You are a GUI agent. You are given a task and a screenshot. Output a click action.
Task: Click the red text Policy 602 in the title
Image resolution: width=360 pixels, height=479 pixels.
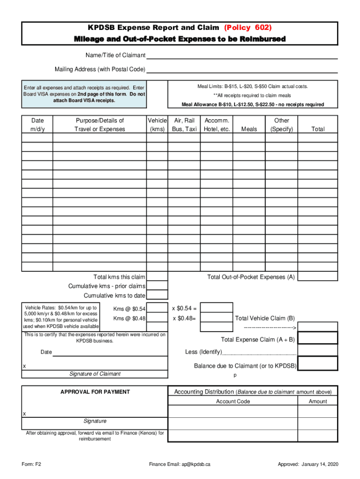click(248, 28)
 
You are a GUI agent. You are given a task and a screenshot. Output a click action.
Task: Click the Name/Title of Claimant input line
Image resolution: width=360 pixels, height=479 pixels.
click(242, 55)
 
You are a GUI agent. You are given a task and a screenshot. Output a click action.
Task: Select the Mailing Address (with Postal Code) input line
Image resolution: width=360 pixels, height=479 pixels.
click(242, 69)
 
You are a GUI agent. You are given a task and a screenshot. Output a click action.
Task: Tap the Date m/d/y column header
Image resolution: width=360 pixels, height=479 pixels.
click(37, 125)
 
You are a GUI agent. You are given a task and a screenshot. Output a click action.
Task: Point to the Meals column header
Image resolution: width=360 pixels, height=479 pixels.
click(249, 129)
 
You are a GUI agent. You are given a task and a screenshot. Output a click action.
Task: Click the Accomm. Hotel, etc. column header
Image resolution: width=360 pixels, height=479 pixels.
click(217, 125)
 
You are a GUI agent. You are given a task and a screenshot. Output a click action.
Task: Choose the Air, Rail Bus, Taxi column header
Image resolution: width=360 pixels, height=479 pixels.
click(184, 125)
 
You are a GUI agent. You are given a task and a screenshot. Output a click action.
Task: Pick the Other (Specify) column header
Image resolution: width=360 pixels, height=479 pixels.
click(281, 125)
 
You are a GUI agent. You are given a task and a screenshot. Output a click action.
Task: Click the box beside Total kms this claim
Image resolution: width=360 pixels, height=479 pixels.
click(158, 277)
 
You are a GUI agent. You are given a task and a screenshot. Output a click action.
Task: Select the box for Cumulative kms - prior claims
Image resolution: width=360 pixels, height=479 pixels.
click(158, 286)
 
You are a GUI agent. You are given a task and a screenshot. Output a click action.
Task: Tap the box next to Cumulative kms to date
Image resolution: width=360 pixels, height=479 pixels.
click(158, 295)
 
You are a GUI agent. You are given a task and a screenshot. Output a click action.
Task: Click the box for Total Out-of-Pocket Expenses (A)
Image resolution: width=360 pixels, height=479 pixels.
click(317, 276)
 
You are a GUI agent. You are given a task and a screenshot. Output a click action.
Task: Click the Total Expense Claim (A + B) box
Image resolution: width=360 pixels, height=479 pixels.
click(317, 338)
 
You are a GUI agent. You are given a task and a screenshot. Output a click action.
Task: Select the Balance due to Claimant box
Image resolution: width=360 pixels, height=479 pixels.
click(317, 364)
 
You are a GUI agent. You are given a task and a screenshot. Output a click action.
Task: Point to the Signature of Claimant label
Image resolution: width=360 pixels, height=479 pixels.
click(95, 374)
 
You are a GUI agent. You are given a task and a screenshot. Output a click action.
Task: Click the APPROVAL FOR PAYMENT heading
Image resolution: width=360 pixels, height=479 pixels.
click(95, 392)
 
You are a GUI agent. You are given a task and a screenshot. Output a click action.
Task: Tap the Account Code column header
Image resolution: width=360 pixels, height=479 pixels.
click(233, 401)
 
